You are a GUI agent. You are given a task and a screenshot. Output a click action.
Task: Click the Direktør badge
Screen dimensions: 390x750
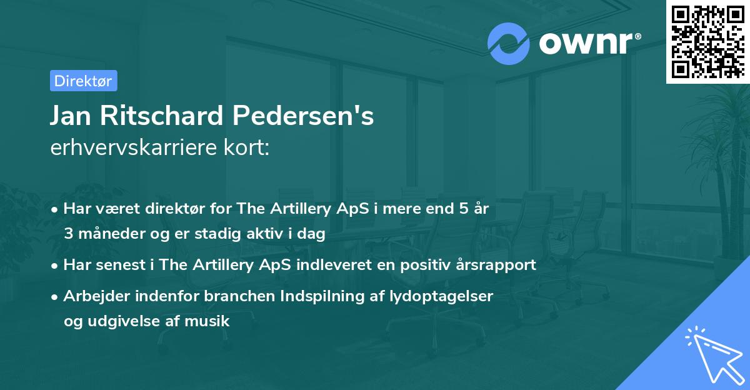pos(83,81)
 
